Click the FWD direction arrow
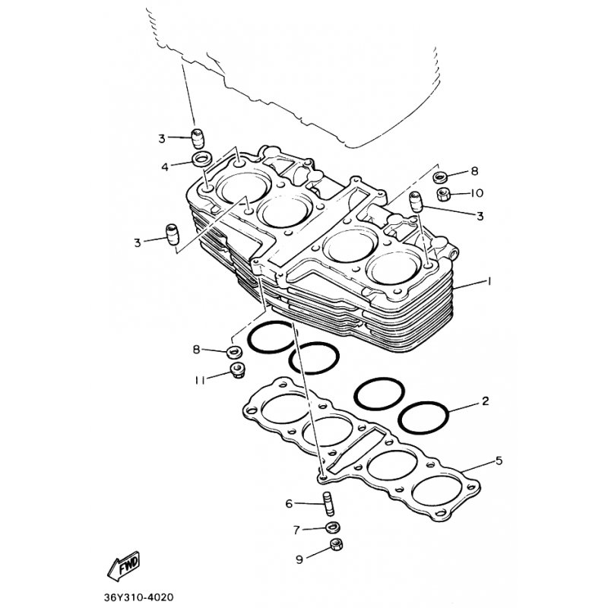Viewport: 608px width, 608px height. (123, 566)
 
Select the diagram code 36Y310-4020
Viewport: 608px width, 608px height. (138, 597)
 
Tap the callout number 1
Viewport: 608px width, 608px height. (489, 280)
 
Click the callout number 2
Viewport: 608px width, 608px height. (486, 401)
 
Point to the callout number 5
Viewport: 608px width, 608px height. (499, 461)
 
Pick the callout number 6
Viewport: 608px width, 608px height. (289, 504)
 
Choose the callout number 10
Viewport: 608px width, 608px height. (477, 193)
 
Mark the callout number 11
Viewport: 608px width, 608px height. (200, 381)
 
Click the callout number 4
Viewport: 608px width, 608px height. (165, 167)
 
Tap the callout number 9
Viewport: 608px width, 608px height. (299, 559)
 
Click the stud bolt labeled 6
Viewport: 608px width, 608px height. (328, 503)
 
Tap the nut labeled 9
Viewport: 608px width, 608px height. (336, 544)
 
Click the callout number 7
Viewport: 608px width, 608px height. (296, 530)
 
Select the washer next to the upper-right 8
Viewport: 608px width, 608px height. (440, 177)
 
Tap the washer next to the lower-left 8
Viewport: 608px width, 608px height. (235, 352)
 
